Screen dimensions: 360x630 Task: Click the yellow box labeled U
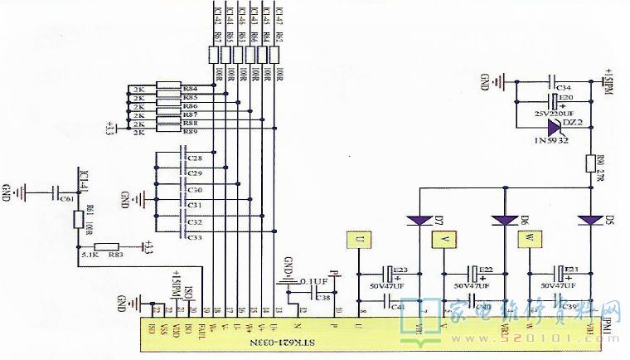357,239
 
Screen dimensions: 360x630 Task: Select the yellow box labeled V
443,239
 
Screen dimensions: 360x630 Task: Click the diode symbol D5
590,220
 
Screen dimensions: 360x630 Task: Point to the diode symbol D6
504,220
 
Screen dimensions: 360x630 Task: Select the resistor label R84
191,88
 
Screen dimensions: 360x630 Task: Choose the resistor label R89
191,132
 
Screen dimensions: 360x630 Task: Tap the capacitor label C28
196,158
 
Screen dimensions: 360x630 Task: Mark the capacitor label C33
196,238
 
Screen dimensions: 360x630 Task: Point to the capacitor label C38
322,296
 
